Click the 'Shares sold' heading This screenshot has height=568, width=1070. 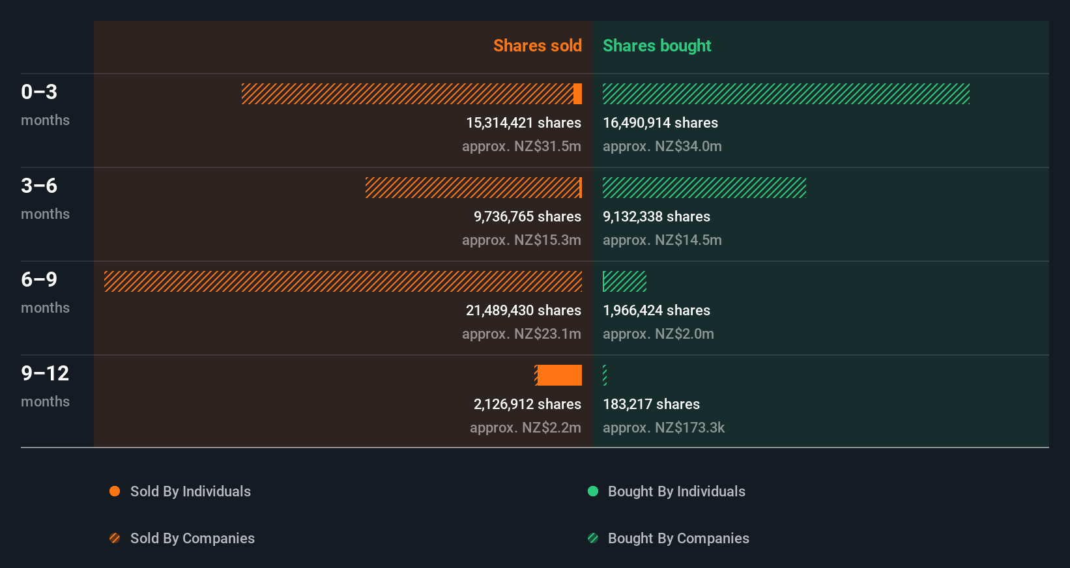537,46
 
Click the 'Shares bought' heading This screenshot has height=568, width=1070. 656,46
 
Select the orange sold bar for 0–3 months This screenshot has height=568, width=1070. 411,94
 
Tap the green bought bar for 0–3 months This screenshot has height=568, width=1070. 786,94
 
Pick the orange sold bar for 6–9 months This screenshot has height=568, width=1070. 343,281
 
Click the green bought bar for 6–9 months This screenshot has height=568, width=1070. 624,281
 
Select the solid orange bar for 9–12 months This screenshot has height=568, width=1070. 559,375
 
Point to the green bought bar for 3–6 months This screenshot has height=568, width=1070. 704,188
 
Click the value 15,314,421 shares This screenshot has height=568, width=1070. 523,123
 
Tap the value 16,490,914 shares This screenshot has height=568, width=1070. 660,123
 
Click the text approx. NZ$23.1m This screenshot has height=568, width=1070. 521,334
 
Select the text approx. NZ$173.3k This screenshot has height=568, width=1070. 663,428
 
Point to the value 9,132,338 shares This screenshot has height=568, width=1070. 656,217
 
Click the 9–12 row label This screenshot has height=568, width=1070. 45,374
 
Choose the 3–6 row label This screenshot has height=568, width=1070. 39,186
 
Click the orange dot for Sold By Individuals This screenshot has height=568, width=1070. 115,491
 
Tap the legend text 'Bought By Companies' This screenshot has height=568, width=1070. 678,539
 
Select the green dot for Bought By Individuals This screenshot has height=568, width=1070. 593,491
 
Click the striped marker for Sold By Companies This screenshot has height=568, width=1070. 115,538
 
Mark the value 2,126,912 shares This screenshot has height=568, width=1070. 527,405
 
